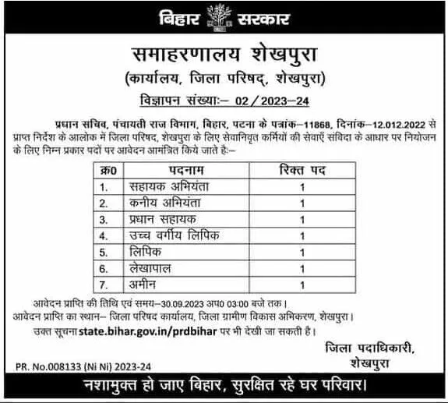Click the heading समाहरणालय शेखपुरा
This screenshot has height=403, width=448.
click(224, 54)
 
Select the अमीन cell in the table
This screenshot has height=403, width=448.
click(142, 284)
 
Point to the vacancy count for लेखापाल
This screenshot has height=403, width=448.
click(302, 268)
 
